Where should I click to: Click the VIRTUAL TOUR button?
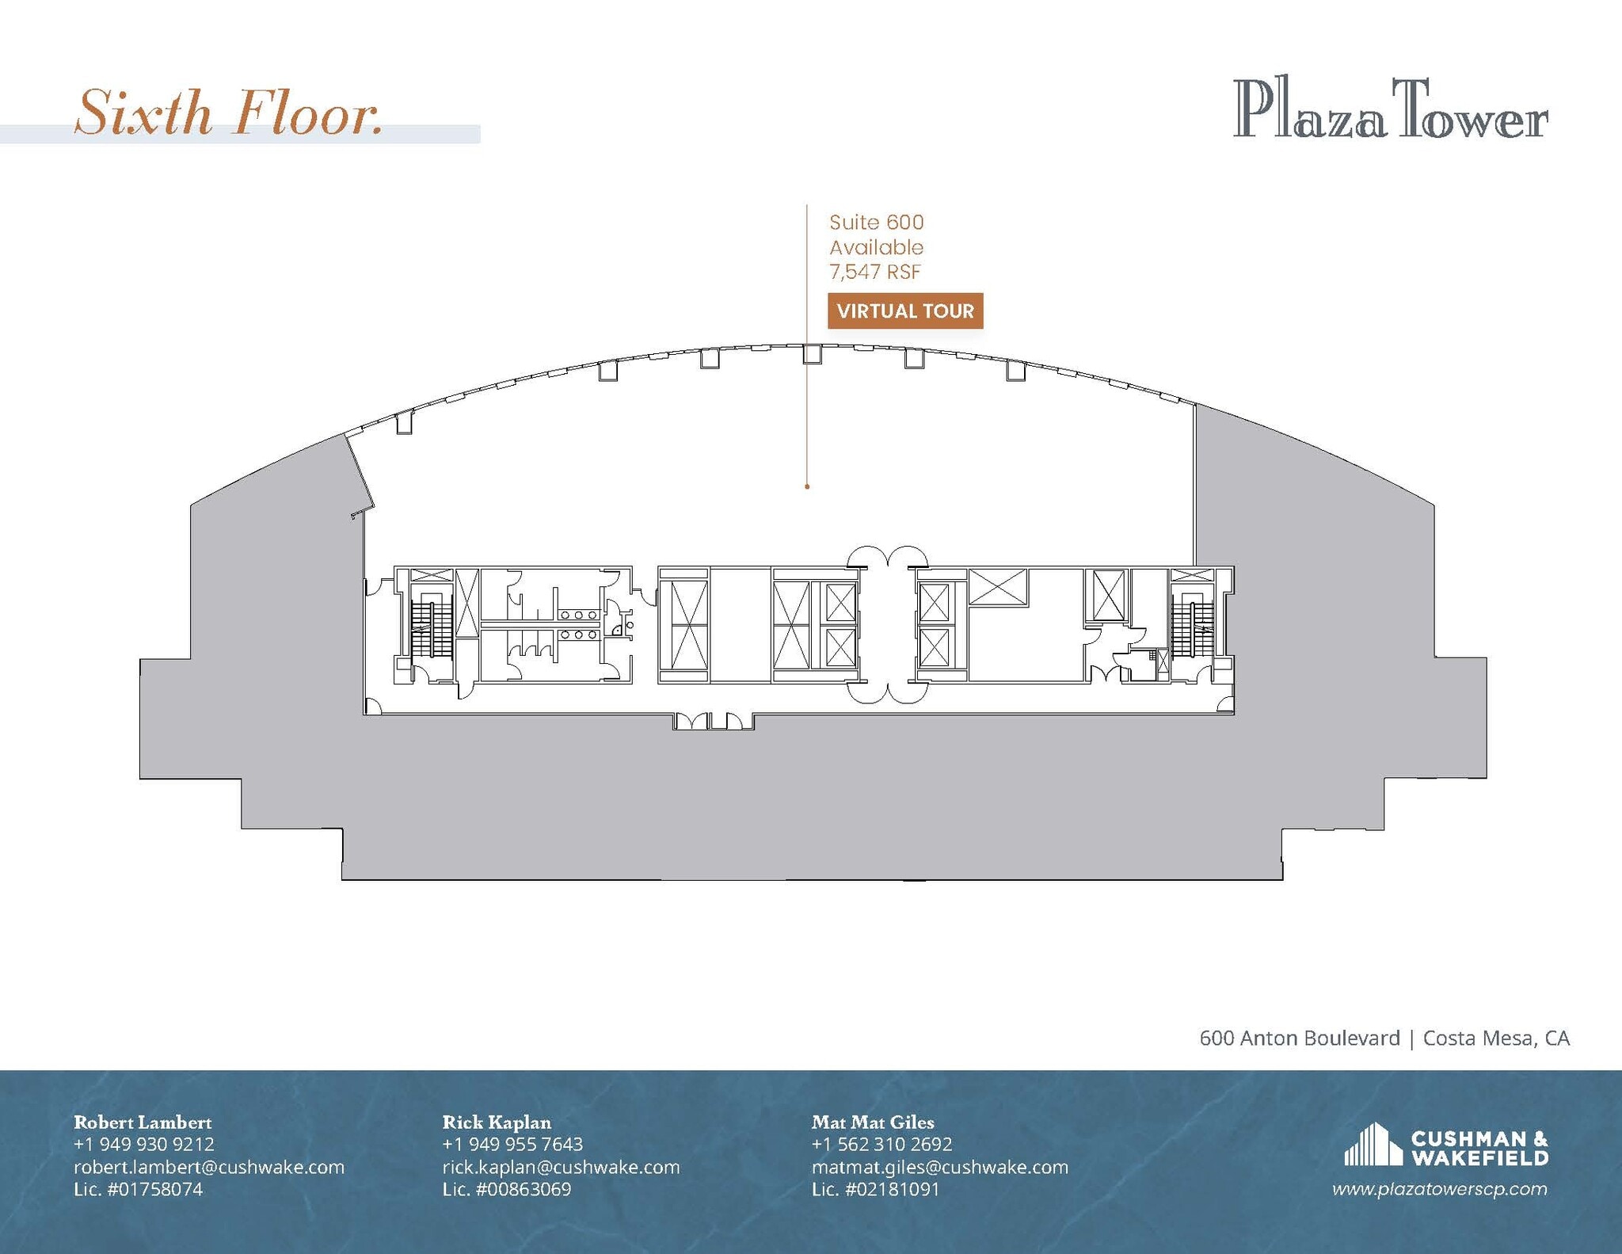[x=905, y=311]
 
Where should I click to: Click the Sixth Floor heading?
[x=230, y=113]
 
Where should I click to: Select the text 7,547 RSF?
[x=875, y=272]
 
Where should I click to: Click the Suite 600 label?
[x=877, y=223]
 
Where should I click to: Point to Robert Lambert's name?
[x=143, y=1122]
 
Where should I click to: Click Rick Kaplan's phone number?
[x=512, y=1144]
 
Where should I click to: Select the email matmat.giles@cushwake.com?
[x=939, y=1167]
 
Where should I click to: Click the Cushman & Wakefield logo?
[x=1446, y=1147]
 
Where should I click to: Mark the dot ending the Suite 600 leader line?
[x=807, y=486]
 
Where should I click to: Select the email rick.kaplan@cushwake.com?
[x=561, y=1167]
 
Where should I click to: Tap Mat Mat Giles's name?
[x=873, y=1122]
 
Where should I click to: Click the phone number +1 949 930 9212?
[x=144, y=1144]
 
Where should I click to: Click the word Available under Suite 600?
[x=877, y=247]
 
